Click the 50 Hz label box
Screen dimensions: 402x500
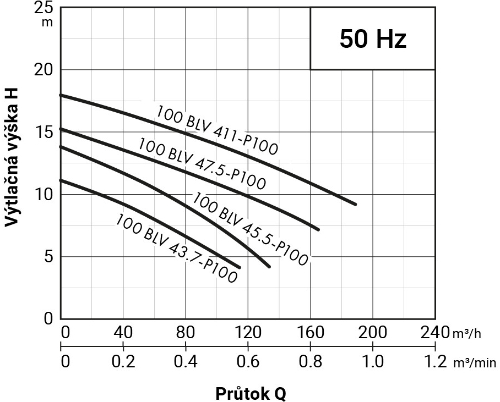pyautogui.click(x=373, y=38)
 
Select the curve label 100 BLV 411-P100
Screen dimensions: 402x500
pyautogui.click(x=218, y=129)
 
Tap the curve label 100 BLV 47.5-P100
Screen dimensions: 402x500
pyautogui.click(x=202, y=163)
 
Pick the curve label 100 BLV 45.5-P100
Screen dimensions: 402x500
pyautogui.click(x=251, y=229)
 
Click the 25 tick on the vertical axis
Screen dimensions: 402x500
pyautogui.click(x=46, y=8)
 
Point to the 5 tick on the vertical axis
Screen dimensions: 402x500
pyautogui.click(x=50, y=256)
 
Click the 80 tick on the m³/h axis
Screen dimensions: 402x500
pyautogui.click(x=186, y=333)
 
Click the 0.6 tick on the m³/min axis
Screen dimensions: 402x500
pyautogui.click(x=248, y=362)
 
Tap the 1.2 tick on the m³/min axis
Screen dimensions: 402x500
pyautogui.click(x=435, y=362)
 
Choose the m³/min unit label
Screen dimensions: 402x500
pyautogui.click(x=475, y=363)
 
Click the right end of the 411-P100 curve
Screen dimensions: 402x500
pyautogui.click(x=356, y=204)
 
